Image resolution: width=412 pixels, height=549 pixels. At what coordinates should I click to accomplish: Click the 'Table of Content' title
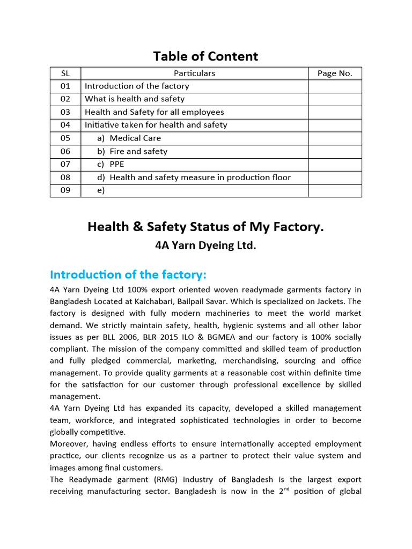[x=205, y=56]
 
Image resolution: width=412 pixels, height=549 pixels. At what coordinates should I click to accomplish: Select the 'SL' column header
[x=65, y=73]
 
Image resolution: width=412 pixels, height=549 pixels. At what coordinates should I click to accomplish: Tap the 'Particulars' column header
[x=194, y=73]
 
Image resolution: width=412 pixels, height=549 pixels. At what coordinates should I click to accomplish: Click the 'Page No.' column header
[x=335, y=73]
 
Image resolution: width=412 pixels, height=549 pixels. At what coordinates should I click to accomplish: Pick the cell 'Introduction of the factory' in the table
[x=137, y=86]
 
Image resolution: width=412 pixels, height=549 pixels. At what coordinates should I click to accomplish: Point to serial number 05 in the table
[x=65, y=138]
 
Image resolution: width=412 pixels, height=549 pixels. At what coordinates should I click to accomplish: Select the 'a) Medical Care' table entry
[x=129, y=138]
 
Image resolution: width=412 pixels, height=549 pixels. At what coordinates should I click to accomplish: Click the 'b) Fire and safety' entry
[x=132, y=151]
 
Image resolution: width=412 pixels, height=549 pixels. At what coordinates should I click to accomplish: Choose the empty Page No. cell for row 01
[x=335, y=86]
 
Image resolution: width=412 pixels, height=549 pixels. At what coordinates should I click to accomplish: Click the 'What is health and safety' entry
[x=135, y=99]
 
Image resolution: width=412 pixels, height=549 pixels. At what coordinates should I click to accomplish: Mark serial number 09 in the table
[x=65, y=190]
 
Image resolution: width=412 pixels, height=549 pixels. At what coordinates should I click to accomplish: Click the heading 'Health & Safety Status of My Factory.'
[x=205, y=227]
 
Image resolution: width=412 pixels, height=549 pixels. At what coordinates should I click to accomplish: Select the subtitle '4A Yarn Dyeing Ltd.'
[x=205, y=246]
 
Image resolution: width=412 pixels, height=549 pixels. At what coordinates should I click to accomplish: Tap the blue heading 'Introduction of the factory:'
[x=128, y=274]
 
